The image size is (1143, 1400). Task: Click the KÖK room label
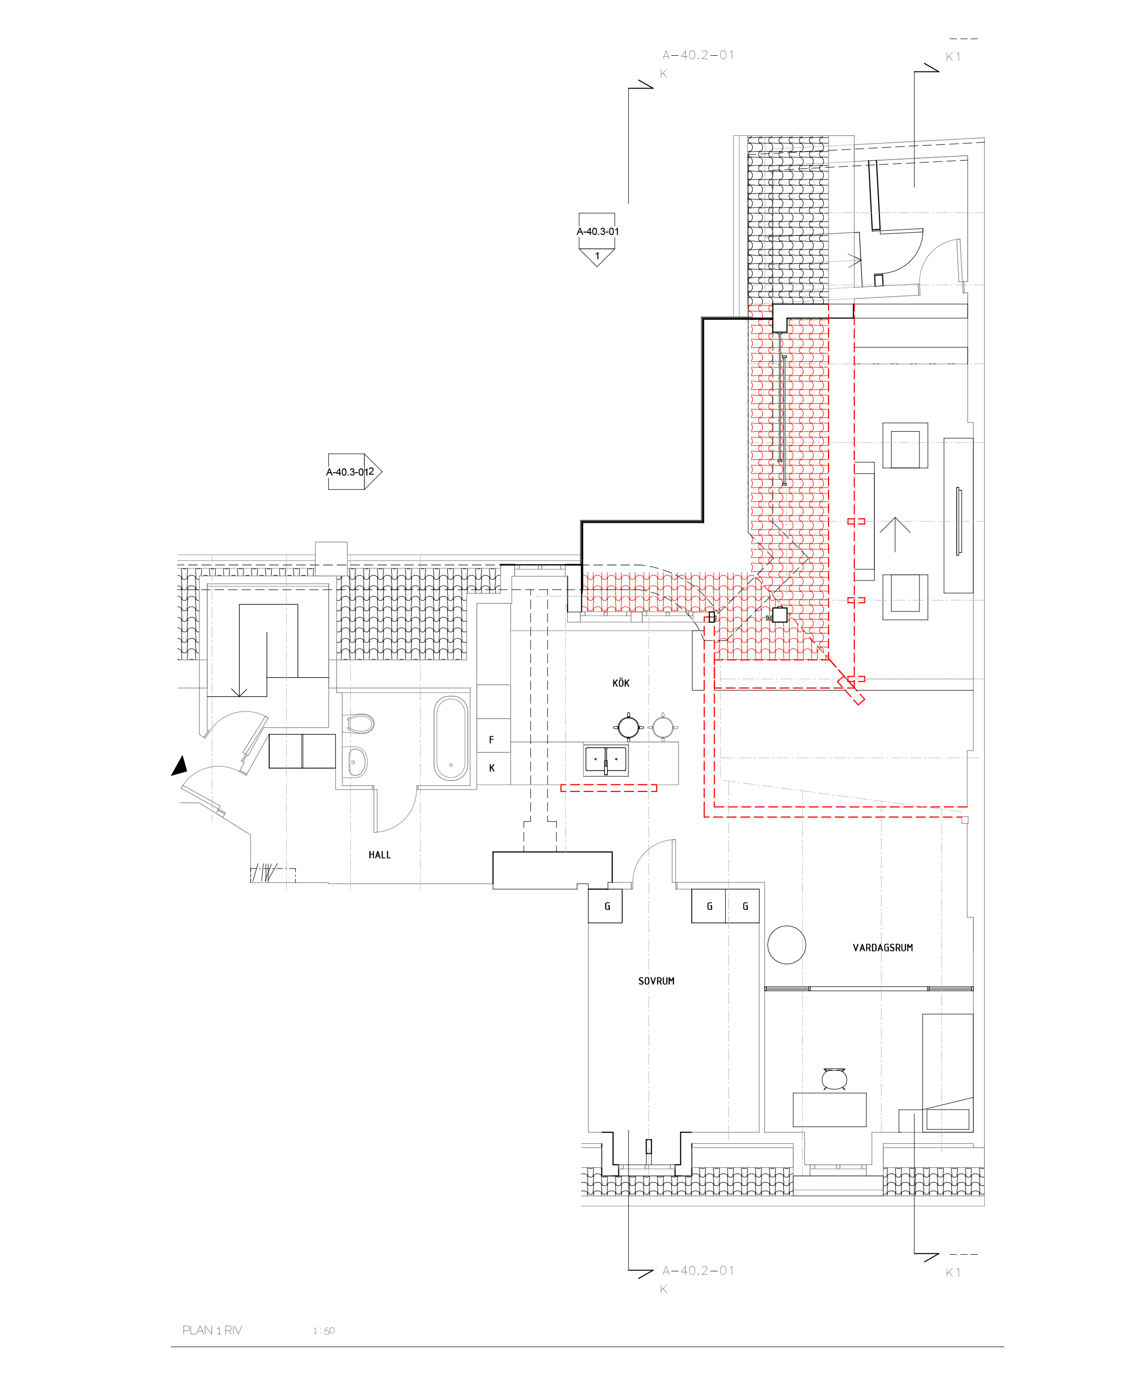pyautogui.click(x=620, y=683)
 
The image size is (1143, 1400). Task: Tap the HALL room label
pyautogui.click(x=379, y=855)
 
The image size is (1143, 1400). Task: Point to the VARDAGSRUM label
pyautogui.click(x=882, y=948)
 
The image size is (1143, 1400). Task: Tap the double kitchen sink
pyautogui.click(x=606, y=760)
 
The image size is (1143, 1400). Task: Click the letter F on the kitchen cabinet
pyautogui.click(x=491, y=740)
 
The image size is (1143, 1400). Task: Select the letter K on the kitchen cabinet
pyautogui.click(x=491, y=768)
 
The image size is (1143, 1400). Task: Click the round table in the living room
pyautogui.click(x=786, y=945)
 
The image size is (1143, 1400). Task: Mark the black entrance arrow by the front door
pyautogui.click(x=180, y=766)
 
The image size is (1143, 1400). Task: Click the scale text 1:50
pyautogui.click(x=324, y=1330)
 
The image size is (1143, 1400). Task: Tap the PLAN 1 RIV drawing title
pyautogui.click(x=212, y=1330)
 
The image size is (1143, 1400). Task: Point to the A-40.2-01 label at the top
pyautogui.click(x=698, y=55)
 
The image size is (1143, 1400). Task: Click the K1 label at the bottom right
pyautogui.click(x=953, y=1272)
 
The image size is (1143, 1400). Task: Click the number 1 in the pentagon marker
pyautogui.click(x=597, y=256)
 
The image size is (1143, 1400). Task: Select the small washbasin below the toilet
pyautogui.click(x=357, y=762)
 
